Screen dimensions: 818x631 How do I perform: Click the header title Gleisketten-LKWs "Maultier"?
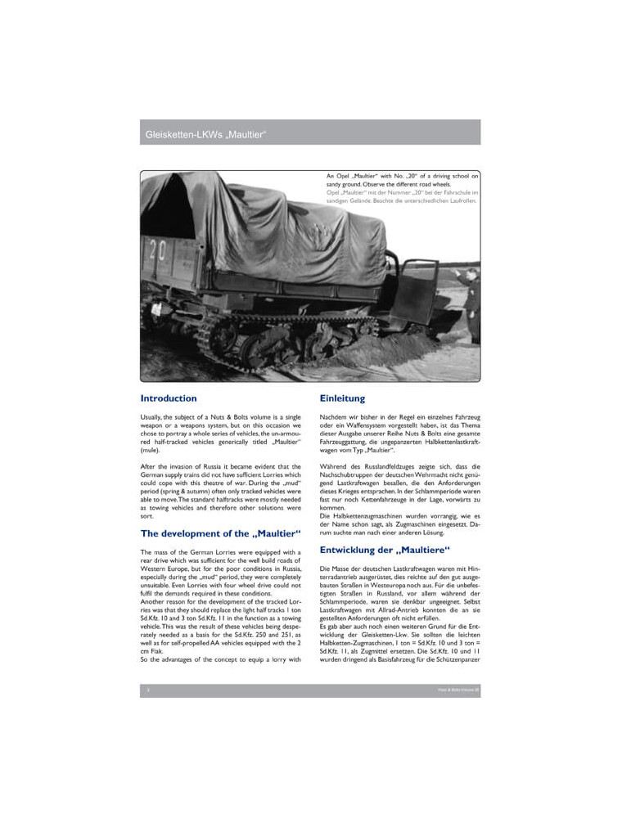205,133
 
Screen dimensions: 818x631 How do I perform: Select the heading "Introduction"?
169,398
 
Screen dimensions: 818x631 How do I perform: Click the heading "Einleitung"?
342,398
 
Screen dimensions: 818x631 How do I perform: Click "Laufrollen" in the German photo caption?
460,200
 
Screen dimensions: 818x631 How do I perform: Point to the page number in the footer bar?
148,690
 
